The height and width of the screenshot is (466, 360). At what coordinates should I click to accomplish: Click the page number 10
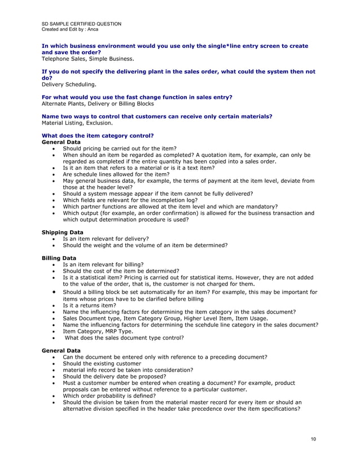pos(313,438)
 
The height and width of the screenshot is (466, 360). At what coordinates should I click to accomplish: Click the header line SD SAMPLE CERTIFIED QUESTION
pos(81,23)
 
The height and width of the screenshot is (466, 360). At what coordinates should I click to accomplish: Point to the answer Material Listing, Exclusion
pos(77,122)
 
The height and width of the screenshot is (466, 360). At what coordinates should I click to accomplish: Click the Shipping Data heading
pos(63,232)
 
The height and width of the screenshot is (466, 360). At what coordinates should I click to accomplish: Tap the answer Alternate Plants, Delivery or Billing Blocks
pos(98,103)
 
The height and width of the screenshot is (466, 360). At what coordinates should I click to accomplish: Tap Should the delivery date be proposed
pos(112,377)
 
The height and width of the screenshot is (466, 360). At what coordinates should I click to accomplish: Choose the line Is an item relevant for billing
pos(103,264)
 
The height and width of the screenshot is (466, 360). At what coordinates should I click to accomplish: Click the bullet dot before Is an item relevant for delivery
pos(53,239)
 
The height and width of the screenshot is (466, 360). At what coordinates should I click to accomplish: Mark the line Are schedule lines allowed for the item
pos(116,174)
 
